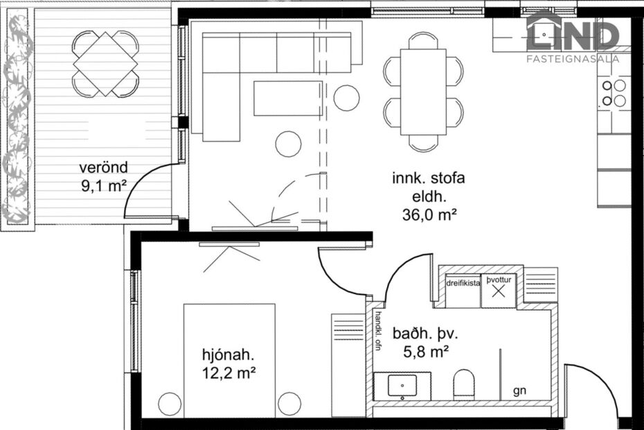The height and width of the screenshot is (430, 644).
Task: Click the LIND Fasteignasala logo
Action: click(x=573, y=38)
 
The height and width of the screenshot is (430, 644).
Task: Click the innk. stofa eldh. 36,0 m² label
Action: click(x=429, y=196)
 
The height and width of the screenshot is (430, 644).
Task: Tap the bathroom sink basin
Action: click(x=400, y=385)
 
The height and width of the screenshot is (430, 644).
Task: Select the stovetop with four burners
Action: click(x=614, y=94)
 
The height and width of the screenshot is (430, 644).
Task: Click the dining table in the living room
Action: click(x=423, y=92)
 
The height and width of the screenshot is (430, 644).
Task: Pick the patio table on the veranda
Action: click(x=105, y=64)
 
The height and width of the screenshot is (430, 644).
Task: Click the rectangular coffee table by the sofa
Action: click(x=287, y=98)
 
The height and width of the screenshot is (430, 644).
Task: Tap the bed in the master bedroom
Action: click(x=229, y=361)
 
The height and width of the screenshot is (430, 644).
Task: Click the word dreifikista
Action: click(x=463, y=283)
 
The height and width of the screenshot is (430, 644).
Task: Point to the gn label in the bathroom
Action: click(x=519, y=391)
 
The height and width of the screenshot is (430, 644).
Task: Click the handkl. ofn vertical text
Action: click(x=378, y=332)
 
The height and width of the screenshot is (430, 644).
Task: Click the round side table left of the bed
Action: click(x=169, y=404)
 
